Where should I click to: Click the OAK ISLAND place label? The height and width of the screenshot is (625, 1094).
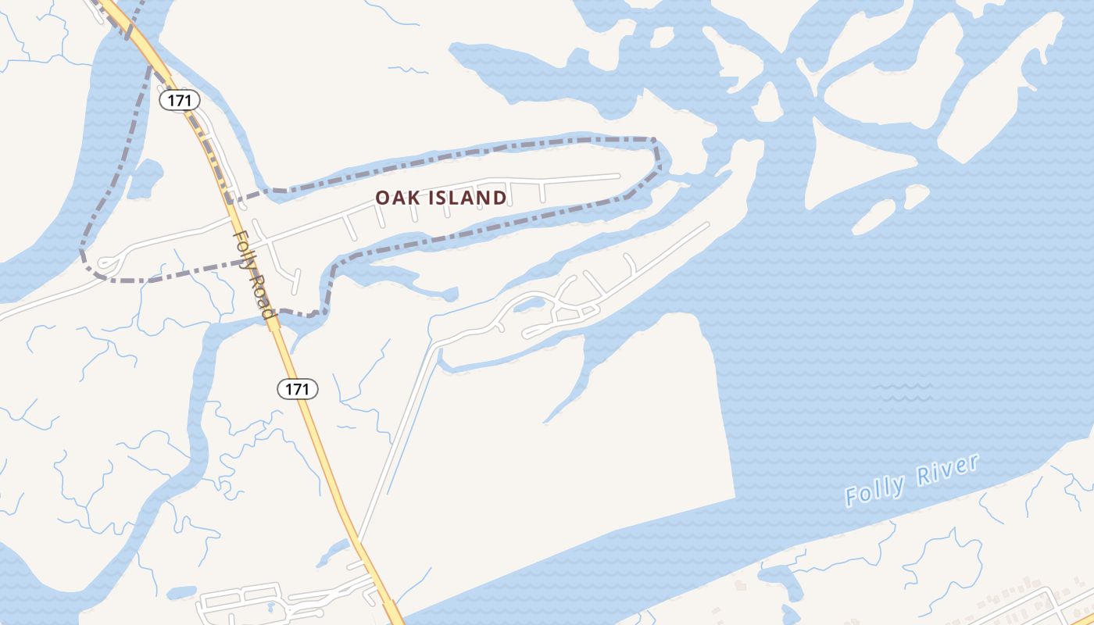point(441,198)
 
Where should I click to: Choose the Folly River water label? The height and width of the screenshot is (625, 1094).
point(912,480)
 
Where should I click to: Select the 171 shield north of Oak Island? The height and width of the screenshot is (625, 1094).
point(181,100)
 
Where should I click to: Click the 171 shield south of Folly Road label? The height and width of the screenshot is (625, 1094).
point(298,388)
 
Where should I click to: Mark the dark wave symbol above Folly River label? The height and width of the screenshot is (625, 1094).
point(903,391)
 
